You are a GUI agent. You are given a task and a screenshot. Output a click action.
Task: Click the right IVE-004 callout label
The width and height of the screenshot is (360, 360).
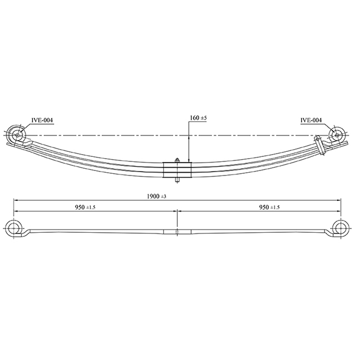[311, 120]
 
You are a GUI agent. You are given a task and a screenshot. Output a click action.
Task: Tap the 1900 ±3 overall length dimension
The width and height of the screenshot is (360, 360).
[157, 196]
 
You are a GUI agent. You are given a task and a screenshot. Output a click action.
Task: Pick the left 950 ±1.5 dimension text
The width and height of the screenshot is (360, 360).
[85, 208]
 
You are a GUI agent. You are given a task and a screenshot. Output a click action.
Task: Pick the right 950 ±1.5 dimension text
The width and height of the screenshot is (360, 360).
[269, 208]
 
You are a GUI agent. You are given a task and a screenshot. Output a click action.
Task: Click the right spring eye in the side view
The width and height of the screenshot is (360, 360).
[337, 135]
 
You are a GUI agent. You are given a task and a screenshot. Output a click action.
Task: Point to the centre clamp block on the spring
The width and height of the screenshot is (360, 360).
[177, 170]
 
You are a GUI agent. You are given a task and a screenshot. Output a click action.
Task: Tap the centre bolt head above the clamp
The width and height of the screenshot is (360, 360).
[177, 160]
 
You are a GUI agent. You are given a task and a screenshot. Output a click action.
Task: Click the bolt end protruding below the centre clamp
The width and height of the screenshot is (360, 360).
[177, 181]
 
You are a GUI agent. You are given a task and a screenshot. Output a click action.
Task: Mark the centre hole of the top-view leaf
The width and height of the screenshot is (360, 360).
[177, 232]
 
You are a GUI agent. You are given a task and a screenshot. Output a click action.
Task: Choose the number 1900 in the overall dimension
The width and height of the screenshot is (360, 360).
[152, 196]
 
